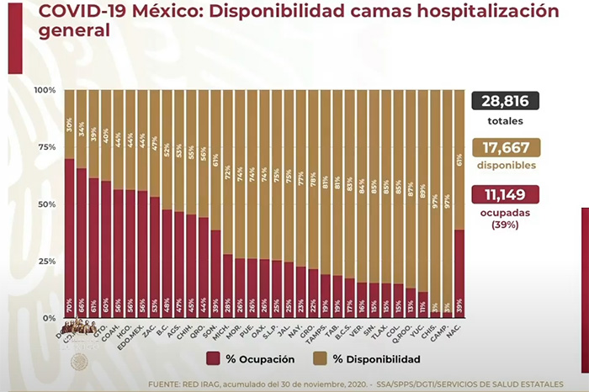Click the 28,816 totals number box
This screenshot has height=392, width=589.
[x=506, y=102]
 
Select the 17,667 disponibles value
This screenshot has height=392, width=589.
[x=506, y=149]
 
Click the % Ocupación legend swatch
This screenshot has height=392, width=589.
[x=214, y=359]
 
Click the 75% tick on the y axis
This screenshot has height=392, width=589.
[x=47, y=147]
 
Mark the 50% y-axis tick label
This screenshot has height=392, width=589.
[x=47, y=204]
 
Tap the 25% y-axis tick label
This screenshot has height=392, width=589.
[x=47, y=262]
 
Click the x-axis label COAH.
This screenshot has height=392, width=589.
[x=106, y=330]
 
